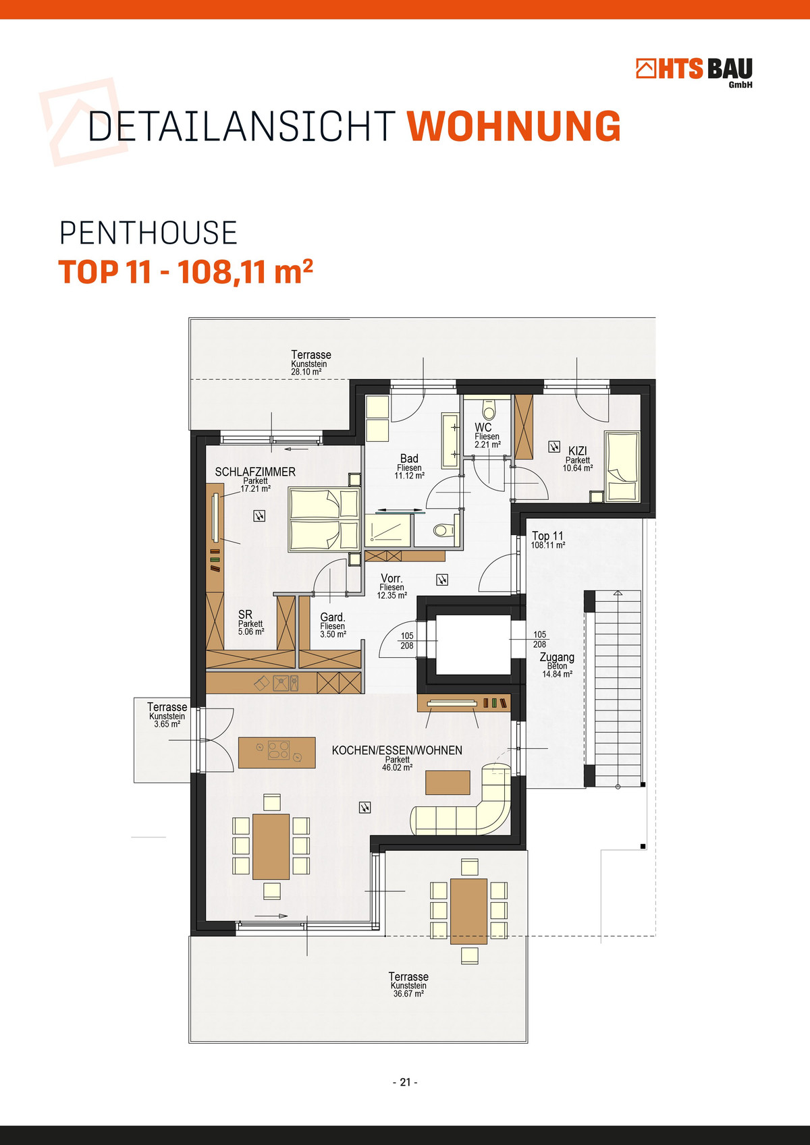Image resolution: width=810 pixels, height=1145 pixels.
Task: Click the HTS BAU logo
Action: (694, 72)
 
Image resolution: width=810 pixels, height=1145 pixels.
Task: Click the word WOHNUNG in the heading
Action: (514, 125)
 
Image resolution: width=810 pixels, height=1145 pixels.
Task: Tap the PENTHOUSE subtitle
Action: (148, 233)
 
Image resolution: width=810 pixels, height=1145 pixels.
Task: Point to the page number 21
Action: (405, 1082)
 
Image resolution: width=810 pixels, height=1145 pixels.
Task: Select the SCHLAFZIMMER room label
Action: (255, 472)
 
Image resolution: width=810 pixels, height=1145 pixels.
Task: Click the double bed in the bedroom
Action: (324, 520)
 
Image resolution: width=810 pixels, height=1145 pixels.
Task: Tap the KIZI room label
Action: (578, 451)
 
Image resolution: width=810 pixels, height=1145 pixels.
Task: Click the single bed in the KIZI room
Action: (622, 467)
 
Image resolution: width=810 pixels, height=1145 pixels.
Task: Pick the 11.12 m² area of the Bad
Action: (409, 476)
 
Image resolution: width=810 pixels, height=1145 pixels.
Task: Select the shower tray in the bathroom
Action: (388, 532)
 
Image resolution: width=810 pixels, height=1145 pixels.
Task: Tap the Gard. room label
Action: (332, 617)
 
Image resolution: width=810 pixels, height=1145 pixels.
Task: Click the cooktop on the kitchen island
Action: (279, 751)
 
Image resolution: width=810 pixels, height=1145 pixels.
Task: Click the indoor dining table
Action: (271, 847)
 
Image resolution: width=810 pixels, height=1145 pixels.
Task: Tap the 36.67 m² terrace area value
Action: (408, 994)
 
